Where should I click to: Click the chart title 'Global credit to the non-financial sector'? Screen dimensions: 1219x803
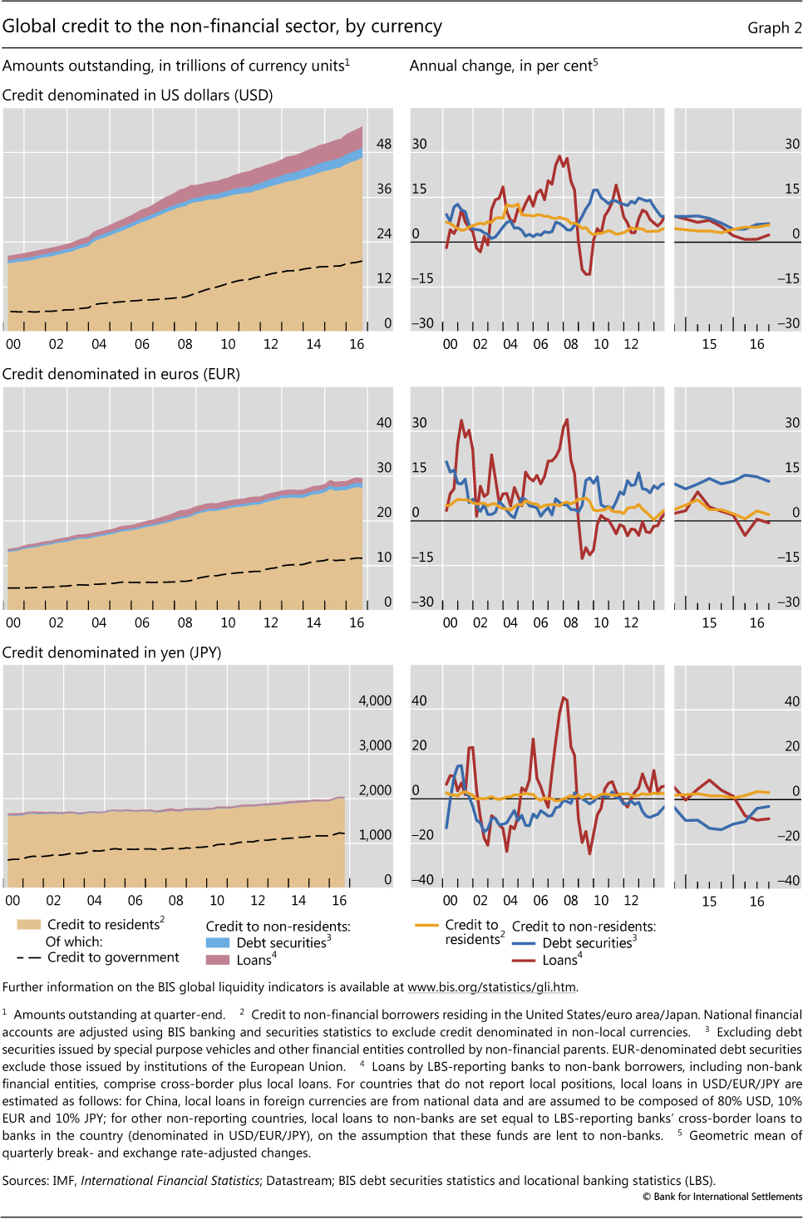click(x=222, y=27)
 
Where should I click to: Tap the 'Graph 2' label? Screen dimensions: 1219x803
click(x=774, y=28)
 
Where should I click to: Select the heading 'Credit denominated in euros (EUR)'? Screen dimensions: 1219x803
click(x=121, y=374)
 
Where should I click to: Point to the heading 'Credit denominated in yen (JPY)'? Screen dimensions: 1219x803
click(x=112, y=652)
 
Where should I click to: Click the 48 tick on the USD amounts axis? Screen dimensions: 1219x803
click(x=383, y=144)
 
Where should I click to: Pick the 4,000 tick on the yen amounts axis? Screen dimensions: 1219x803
click(x=375, y=700)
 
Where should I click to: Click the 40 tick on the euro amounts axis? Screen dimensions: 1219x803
click(x=383, y=422)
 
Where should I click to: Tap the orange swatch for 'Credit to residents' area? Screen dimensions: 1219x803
click(x=29, y=924)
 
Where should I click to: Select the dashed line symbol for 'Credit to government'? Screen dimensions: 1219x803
click(x=29, y=957)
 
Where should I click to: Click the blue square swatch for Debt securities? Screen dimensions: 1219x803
click(x=218, y=943)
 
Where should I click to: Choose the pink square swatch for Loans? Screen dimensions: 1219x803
click(x=218, y=960)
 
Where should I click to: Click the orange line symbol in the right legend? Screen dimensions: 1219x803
click(x=426, y=925)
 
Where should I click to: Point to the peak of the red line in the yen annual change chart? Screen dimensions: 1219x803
click(x=564, y=697)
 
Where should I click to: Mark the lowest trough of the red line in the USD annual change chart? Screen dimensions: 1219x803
click(x=588, y=274)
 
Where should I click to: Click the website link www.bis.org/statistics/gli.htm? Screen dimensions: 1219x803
click(x=491, y=987)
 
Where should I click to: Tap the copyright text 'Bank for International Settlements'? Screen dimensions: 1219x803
click(x=727, y=1197)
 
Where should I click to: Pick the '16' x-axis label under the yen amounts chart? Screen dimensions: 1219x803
click(x=339, y=900)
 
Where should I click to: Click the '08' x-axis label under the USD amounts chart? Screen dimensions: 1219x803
click(x=185, y=344)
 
